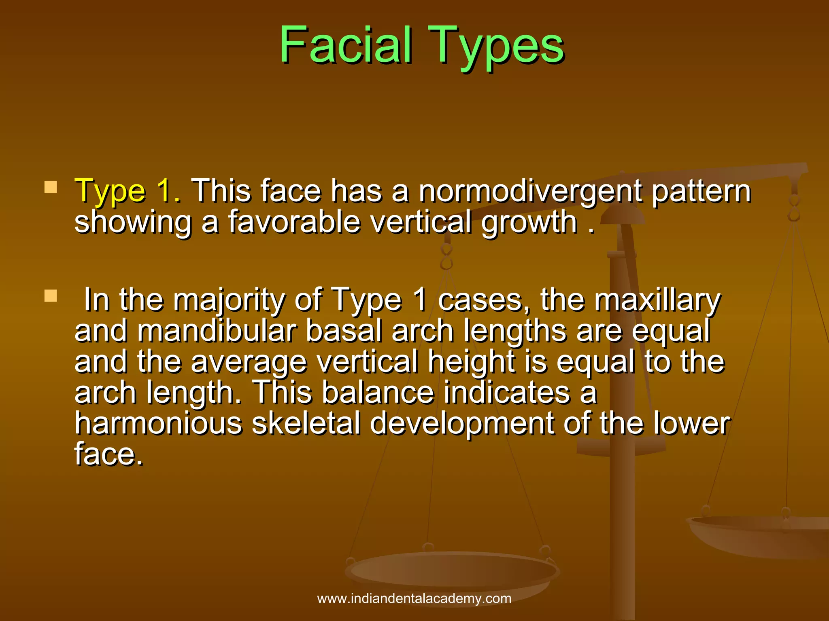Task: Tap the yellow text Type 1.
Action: pos(128,190)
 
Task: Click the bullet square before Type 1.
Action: pos(51,187)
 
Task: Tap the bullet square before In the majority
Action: pos(51,296)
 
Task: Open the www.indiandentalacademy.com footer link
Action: pos(414,598)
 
